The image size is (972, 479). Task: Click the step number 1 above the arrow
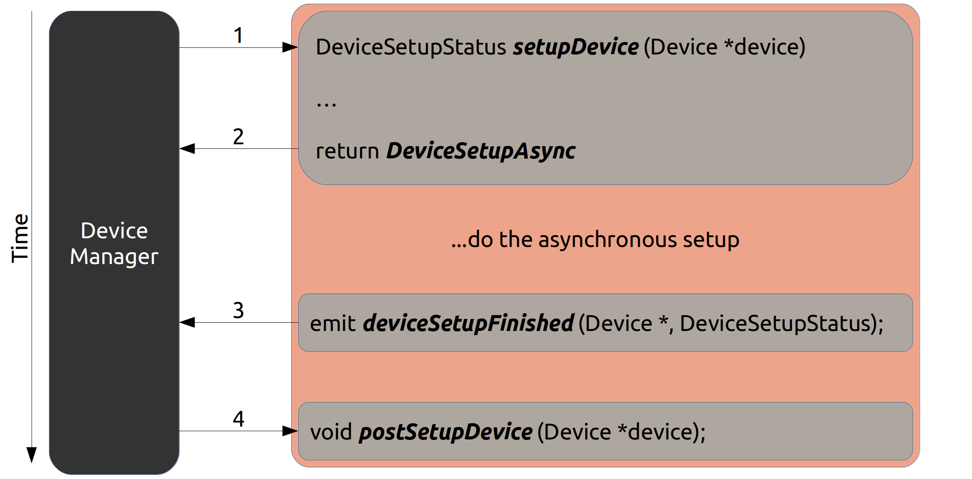(x=238, y=35)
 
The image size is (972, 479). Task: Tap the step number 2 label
(x=238, y=136)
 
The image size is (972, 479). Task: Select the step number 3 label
(x=238, y=310)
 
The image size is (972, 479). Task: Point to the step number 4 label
(x=238, y=419)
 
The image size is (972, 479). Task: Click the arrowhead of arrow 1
(x=290, y=47)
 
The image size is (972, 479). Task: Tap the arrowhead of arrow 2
(x=187, y=148)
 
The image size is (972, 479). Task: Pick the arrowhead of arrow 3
(x=187, y=322)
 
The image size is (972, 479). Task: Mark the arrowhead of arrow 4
(x=290, y=431)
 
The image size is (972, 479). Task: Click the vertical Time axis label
(x=20, y=238)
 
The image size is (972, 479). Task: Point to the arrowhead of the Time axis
(x=32, y=455)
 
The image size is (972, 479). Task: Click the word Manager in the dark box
(x=114, y=257)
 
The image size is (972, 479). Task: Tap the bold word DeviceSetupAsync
(x=481, y=151)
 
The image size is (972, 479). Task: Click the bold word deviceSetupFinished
(x=469, y=323)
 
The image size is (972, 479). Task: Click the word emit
(x=333, y=323)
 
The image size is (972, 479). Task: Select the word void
(x=331, y=432)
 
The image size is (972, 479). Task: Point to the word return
(x=347, y=151)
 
